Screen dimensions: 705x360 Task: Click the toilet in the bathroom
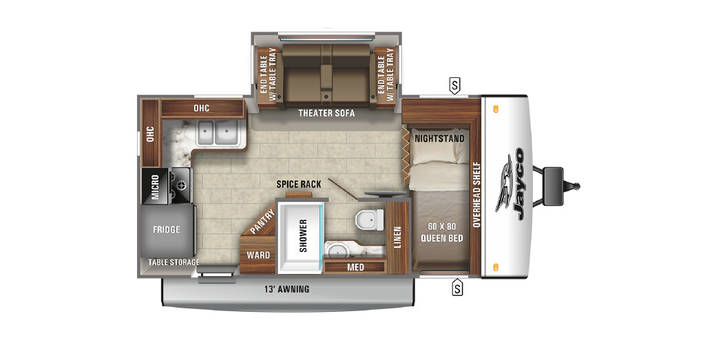pyautogui.click(x=370, y=220)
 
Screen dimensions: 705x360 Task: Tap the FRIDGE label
pyautogui.click(x=167, y=230)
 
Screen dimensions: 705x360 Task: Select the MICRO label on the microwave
pyautogui.click(x=155, y=187)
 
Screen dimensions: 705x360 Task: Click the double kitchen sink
pyautogui.click(x=216, y=133)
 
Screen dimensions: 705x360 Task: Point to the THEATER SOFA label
pyautogui.click(x=326, y=113)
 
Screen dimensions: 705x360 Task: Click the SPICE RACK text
pyautogui.click(x=299, y=184)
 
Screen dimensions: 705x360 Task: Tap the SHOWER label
pyautogui.click(x=304, y=235)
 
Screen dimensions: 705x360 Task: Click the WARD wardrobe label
pyautogui.click(x=259, y=255)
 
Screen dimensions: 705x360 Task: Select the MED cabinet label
pyautogui.click(x=356, y=267)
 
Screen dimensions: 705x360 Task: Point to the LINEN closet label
pyautogui.click(x=397, y=237)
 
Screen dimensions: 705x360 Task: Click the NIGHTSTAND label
pyautogui.click(x=439, y=138)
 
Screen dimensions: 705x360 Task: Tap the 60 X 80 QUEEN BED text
pyautogui.click(x=442, y=233)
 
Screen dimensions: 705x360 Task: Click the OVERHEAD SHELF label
pyautogui.click(x=477, y=194)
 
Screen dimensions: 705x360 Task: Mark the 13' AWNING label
pyautogui.click(x=287, y=289)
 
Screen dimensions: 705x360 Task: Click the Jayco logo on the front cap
pyautogui.click(x=511, y=184)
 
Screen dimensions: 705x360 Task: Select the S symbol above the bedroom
pyautogui.click(x=454, y=85)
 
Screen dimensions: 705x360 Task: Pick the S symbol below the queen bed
pyautogui.click(x=457, y=287)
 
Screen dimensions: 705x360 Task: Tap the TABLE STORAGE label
pyautogui.click(x=174, y=262)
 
